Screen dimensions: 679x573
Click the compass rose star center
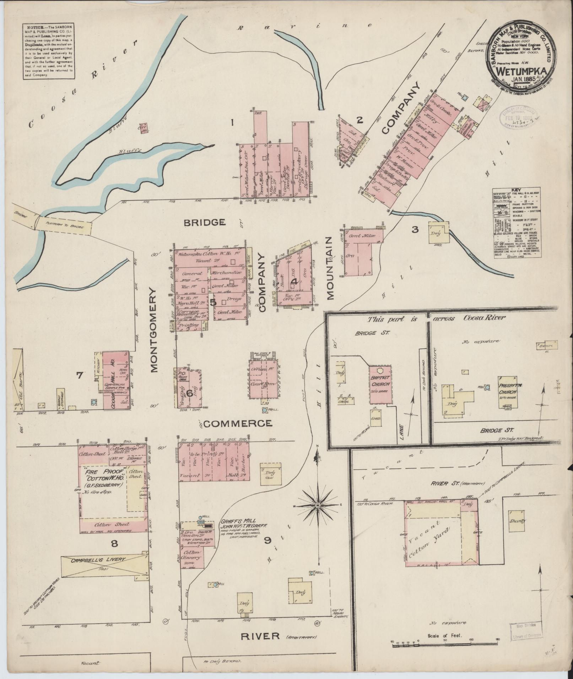tap(318, 505)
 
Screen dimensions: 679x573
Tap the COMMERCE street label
tap(238, 423)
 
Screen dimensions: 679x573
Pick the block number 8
tap(114, 543)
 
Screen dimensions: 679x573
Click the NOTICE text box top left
tap(49, 51)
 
